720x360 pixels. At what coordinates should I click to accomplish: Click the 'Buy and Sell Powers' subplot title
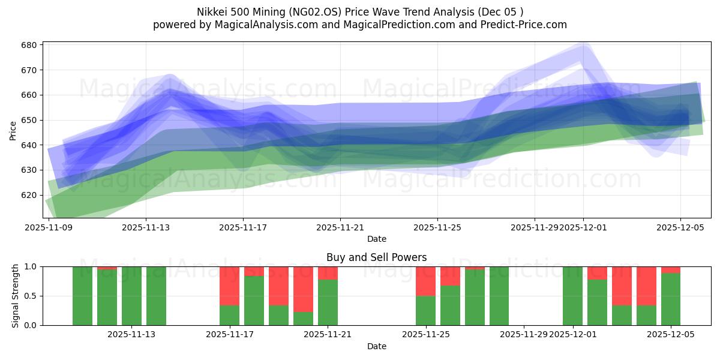[x=376, y=257]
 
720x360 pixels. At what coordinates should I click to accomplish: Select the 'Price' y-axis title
[x=13, y=130]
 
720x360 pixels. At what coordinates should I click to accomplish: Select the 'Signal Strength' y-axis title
[x=16, y=296]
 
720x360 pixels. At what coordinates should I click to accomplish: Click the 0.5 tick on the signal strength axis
[x=30, y=296]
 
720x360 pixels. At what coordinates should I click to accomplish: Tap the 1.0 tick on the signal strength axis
[x=30, y=266]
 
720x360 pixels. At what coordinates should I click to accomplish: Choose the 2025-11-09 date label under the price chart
[x=49, y=227]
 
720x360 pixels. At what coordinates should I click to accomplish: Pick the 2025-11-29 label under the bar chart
[x=523, y=334]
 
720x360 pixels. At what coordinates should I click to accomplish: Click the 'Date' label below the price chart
[x=376, y=239]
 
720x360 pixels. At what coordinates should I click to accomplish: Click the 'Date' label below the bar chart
[x=376, y=346]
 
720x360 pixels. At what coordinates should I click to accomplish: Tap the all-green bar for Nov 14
[x=156, y=296]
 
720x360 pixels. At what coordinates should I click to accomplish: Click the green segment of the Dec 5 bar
[x=671, y=299]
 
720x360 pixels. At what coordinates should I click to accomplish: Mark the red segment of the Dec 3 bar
[x=622, y=286]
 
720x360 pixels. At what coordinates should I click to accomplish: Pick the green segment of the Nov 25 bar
[x=425, y=310]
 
